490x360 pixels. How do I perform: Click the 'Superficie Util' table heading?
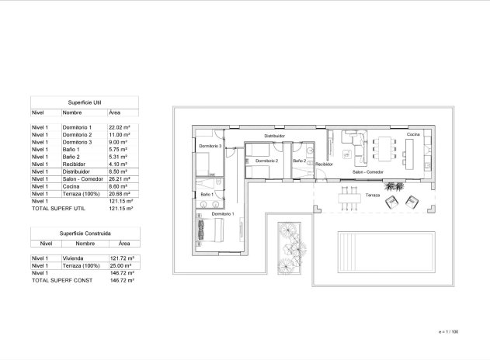point(84,102)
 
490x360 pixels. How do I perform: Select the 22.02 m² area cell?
point(119,126)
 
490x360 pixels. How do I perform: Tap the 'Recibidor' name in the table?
point(75,164)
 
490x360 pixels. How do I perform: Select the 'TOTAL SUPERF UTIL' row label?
point(55,209)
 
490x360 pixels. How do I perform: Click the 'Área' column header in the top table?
point(114,112)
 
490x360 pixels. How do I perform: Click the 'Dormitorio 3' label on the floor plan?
point(210,146)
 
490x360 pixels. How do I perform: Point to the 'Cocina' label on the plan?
point(412,135)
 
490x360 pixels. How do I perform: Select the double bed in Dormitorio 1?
point(214,230)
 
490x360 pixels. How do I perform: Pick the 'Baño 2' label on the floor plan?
point(300,161)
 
